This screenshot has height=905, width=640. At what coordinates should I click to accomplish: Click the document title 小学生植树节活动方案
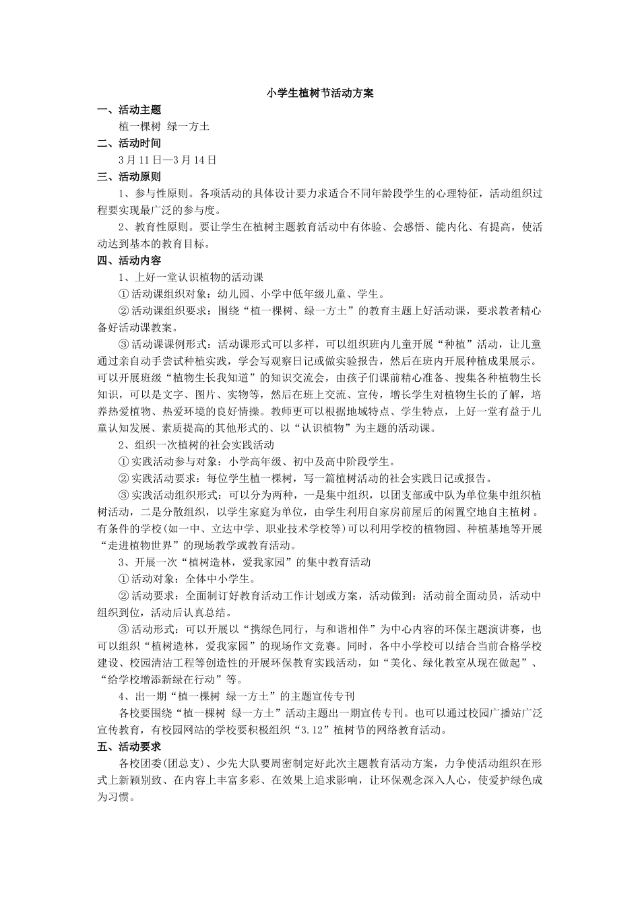point(320,94)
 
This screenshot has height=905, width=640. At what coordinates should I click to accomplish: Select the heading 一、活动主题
point(129,110)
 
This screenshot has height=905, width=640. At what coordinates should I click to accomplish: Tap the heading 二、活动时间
point(129,143)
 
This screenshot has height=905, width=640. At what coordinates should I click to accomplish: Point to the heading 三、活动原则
point(129,177)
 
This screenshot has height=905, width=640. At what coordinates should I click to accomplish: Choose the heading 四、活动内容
point(129,261)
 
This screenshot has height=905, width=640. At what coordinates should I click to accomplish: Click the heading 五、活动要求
point(129,747)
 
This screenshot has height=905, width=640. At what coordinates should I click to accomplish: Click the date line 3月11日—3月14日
point(167,160)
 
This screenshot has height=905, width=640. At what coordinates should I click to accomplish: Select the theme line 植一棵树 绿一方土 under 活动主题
point(164,127)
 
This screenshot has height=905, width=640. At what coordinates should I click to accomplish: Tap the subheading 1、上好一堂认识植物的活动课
point(191,277)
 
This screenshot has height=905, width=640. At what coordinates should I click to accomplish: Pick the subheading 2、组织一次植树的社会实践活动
point(196,445)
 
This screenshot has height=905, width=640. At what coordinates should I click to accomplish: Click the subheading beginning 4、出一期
point(236,696)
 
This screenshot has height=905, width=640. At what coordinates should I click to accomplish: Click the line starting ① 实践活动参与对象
point(257,462)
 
